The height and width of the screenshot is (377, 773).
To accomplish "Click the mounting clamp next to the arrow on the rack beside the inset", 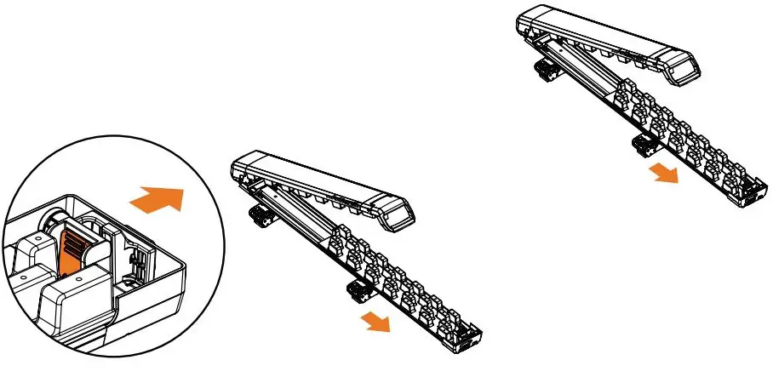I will (357, 293).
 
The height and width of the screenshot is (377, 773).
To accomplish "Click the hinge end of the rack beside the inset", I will (242, 170).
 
